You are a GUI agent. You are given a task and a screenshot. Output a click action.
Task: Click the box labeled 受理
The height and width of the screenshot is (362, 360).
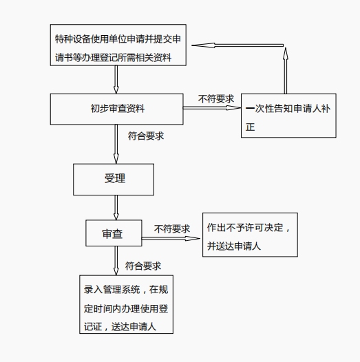coord(114,180)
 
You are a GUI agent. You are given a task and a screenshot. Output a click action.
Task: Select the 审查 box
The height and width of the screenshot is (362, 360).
coord(113,233)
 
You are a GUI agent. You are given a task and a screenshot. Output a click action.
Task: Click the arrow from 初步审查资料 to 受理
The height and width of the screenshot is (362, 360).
coord(116,144)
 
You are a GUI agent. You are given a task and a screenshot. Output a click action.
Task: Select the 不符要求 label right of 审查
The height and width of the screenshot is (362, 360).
coord(171,228)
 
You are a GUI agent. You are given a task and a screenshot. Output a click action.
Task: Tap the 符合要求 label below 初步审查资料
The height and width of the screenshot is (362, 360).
coord(145,136)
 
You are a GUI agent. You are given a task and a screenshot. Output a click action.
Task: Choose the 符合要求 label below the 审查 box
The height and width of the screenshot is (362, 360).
coord(143,266)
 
